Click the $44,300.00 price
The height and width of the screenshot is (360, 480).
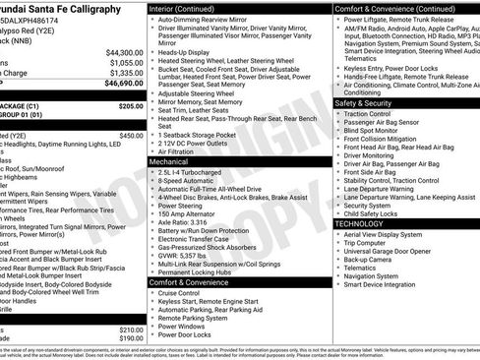click(x=124, y=51)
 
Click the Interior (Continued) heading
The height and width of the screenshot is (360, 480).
click(x=190, y=8)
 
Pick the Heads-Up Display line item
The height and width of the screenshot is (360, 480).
click(x=185, y=51)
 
